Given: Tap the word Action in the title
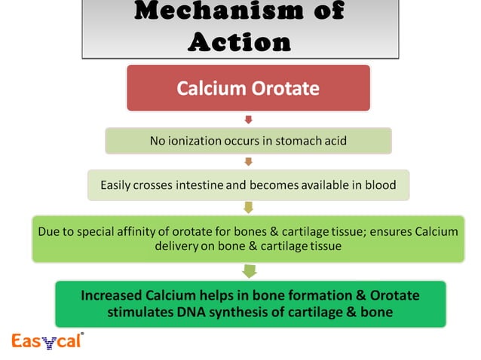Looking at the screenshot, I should (x=239, y=41).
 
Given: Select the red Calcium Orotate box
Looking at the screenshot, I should (x=248, y=89).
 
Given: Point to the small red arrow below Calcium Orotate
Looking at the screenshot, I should (x=248, y=119).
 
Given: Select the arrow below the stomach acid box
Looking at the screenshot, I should (x=248, y=161).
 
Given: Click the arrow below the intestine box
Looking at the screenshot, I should (x=248, y=206).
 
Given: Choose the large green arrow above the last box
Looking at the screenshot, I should (x=250, y=270).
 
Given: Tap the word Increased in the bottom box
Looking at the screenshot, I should (x=113, y=294).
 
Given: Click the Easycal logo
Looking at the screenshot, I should (x=47, y=341).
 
